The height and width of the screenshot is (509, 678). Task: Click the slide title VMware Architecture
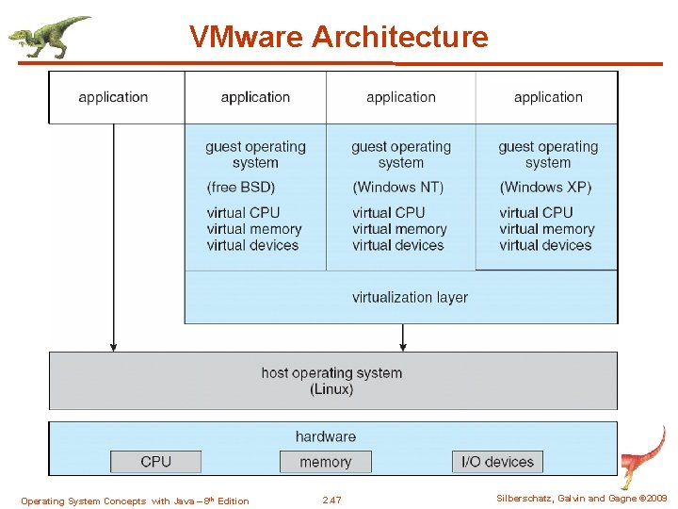point(338,37)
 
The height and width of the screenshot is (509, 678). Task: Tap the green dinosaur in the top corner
point(47,37)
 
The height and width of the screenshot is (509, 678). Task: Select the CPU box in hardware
point(155,462)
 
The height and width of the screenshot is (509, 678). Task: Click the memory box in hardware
point(325,462)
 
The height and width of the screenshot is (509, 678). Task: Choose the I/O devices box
point(497,462)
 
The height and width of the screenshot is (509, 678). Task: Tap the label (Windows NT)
point(397,188)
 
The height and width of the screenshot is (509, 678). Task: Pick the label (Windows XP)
point(545,188)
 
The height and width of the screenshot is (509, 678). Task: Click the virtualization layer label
point(410,297)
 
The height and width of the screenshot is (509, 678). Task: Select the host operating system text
point(331,373)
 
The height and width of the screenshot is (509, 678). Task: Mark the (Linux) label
point(331,389)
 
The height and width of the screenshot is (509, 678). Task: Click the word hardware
point(325,436)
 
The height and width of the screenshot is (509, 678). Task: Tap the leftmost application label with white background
point(113,97)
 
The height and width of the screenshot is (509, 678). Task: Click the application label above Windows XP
point(548,97)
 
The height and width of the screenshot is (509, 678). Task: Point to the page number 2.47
point(331,500)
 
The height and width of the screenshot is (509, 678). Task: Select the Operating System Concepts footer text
point(135,501)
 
